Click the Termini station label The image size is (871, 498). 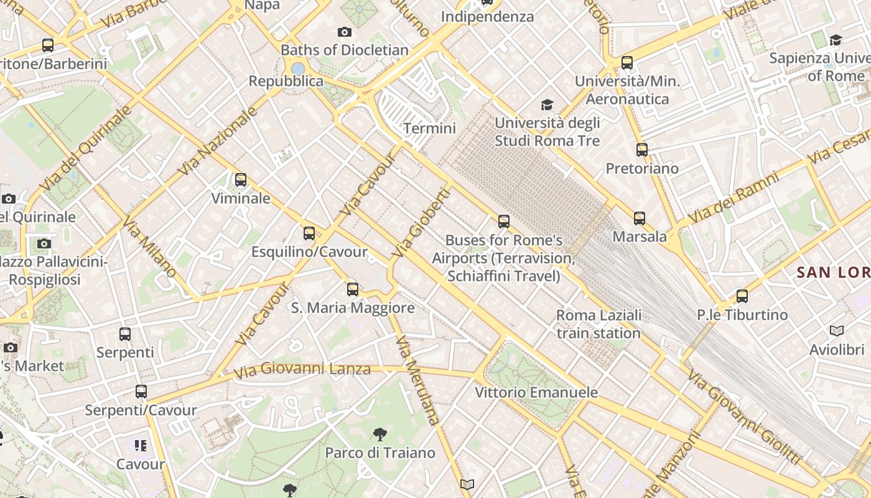pos(429,129)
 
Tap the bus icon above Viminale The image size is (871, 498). pos(241,180)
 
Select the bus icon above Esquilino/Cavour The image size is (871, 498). pos(309,233)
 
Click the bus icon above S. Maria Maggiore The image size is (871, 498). pos(353,289)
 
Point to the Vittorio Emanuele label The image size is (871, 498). pos(536,392)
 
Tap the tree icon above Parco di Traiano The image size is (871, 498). pos(380,434)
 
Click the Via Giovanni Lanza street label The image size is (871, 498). pos(302,370)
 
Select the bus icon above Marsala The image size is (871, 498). pos(640,218)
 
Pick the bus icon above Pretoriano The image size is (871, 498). pos(642,150)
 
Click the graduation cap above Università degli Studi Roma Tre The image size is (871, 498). pos(547,105)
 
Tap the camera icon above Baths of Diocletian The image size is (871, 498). pos(345,32)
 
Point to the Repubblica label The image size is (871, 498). pos(286,82)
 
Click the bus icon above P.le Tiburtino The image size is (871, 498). pos(742,296)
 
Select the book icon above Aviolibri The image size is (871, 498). pos(837,331)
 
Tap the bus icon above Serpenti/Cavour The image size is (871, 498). pos(141,392)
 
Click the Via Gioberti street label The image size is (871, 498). pos(421,223)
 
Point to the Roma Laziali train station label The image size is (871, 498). pos(599,324)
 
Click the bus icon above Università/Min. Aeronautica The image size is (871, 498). pos(627,63)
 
